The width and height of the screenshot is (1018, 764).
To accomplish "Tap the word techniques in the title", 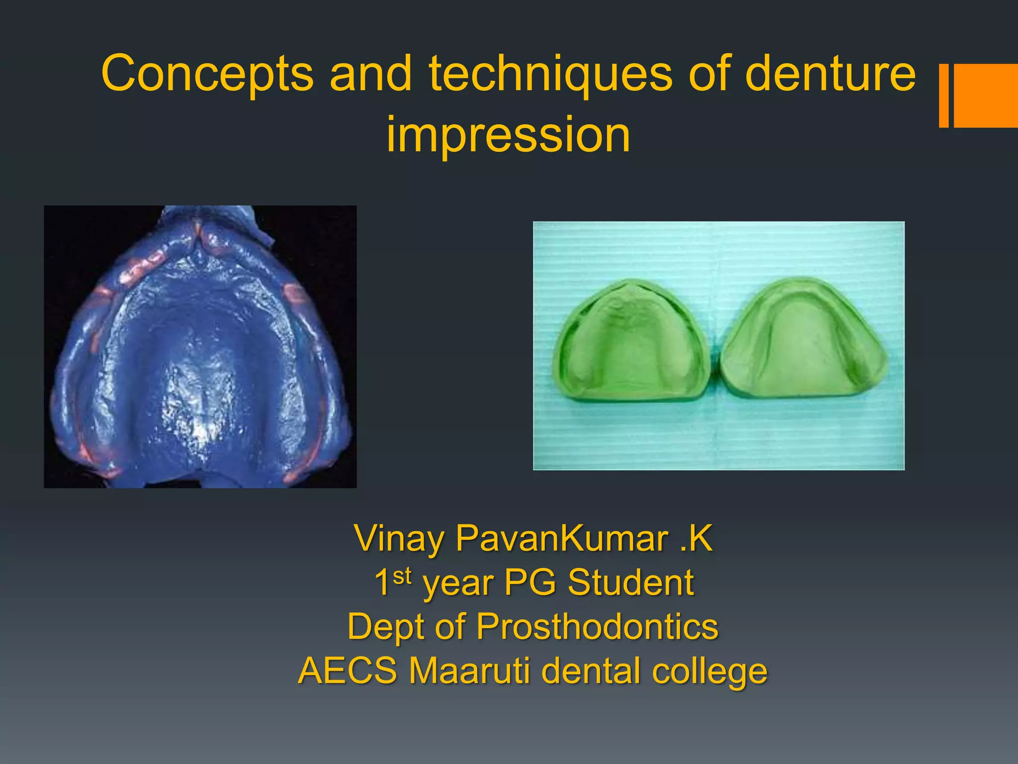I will coord(550,74).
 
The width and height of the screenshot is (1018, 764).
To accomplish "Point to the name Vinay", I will coord(399,538).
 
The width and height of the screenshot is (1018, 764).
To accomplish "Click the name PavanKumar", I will coord(562,538).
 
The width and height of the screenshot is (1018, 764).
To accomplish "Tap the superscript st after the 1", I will coord(402,576).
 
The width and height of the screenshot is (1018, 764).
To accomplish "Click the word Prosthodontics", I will coord(597,626).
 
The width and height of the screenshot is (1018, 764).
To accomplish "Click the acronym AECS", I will coord(347,670).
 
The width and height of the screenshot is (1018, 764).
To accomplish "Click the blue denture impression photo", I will coord(200,347).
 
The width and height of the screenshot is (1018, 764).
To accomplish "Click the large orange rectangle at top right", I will coord(986,95).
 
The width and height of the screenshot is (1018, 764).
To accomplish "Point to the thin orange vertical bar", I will coord(943,95).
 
